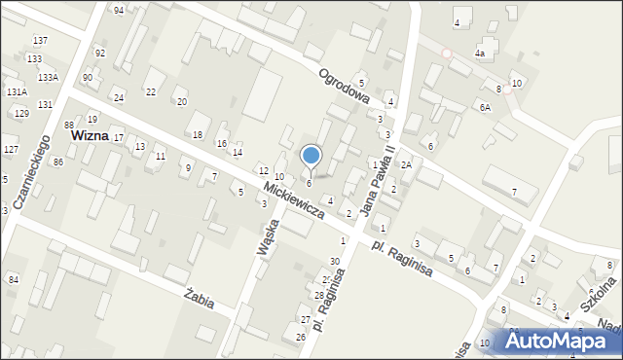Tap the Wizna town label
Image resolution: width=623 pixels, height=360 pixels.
[89, 137]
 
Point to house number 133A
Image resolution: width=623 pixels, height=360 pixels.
[48, 77]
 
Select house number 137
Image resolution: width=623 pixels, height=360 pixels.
[40, 41]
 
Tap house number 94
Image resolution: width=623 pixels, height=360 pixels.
[118, 10]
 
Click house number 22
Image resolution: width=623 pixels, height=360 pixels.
[150, 91]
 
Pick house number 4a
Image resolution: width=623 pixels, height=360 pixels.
[479, 54]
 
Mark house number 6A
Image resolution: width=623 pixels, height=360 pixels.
[484, 107]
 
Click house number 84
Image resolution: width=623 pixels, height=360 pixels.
[14, 280]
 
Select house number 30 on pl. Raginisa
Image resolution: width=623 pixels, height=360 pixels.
[335, 261]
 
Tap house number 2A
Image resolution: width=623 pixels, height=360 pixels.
[406, 165]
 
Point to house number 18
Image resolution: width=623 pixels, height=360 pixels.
[197, 134]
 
